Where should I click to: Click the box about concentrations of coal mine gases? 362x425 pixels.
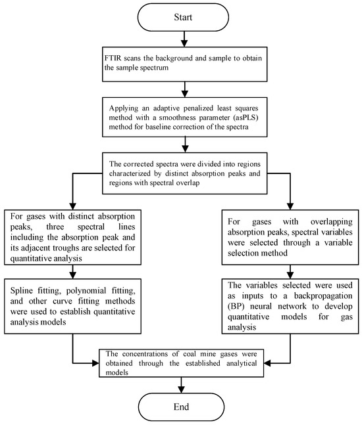click(x=180, y=361)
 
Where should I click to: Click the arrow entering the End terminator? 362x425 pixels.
click(x=180, y=383)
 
